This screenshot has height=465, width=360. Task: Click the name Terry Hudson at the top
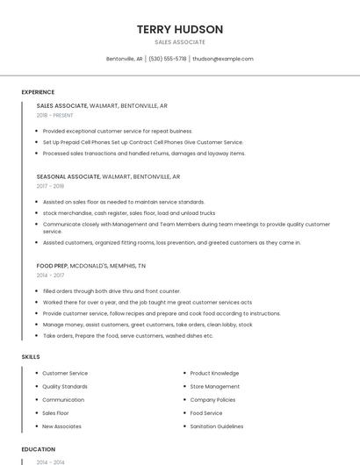(x=180, y=29)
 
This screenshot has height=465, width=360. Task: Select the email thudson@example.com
(x=223, y=59)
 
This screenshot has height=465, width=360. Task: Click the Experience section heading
(x=38, y=92)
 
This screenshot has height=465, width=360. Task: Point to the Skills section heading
(x=31, y=357)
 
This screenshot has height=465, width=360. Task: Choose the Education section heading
(x=39, y=449)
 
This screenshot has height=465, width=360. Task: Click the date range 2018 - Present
(x=55, y=116)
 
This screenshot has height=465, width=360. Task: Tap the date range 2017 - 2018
(x=50, y=187)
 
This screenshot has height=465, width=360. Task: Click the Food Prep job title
(x=52, y=265)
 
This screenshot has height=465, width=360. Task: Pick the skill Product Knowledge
(x=214, y=373)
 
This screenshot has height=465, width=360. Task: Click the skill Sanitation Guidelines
(x=217, y=426)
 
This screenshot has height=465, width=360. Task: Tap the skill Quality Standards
(x=65, y=386)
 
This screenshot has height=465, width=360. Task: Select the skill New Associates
(x=61, y=426)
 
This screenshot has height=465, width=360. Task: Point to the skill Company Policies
(x=212, y=399)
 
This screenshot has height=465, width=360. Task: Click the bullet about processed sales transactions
(x=144, y=154)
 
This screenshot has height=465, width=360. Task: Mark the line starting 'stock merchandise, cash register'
(x=128, y=213)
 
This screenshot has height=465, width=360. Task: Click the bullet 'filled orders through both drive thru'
(x=112, y=291)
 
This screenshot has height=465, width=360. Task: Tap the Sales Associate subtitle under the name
(x=180, y=42)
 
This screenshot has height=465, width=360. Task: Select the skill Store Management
(x=215, y=386)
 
